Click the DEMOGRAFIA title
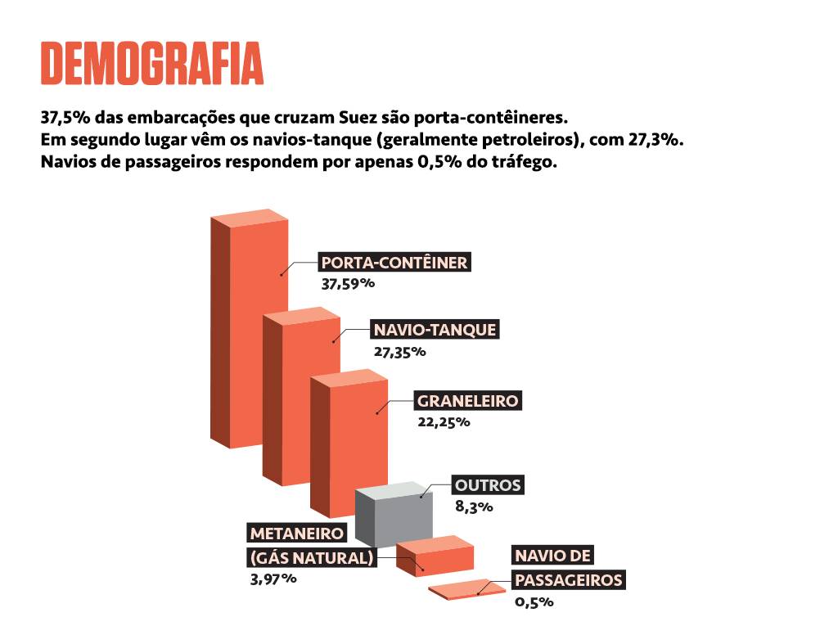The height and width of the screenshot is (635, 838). click(x=152, y=62)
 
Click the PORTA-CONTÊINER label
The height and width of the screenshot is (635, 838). click(x=394, y=263)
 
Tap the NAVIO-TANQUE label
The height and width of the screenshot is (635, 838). click(x=435, y=330)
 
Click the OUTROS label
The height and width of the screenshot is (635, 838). click(x=487, y=484)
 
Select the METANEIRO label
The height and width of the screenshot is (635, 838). click(x=297, y=533)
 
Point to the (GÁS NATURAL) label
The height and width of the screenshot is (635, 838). click(x=312, y=558)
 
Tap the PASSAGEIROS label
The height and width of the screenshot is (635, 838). click(x=569, y=580)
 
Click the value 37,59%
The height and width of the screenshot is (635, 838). click(x=348, y=284)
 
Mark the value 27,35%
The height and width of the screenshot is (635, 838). click(x=399, y=352)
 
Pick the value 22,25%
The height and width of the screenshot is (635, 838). click(x=444, y=422)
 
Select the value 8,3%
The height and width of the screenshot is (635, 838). click(x=474, y=507)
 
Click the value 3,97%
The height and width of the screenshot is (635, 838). click(x=273, y=579)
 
